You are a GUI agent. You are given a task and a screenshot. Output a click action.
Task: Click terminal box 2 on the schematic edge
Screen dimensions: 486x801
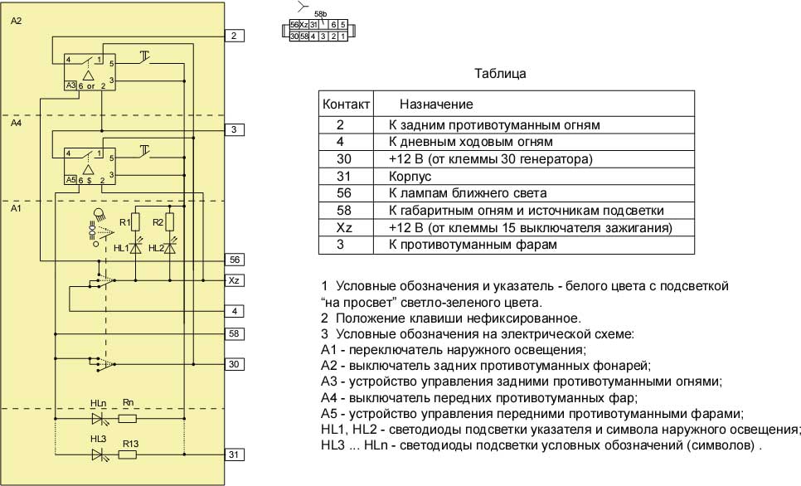(235, 36)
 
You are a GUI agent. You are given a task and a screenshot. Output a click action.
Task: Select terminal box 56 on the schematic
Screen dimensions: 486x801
(235, 259)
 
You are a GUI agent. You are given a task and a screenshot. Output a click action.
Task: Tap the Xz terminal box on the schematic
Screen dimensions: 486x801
(235, 281)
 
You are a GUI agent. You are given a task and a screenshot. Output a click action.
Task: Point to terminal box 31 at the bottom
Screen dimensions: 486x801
(235, 454)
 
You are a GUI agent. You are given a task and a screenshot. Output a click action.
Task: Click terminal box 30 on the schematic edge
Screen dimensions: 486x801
(235, 364)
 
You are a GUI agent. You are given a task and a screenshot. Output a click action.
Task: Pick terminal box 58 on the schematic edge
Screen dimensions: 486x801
(235, 333)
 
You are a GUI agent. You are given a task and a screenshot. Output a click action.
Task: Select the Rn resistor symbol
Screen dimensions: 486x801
(128, 419)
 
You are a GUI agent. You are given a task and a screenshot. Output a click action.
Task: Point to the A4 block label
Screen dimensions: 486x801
(17, 124)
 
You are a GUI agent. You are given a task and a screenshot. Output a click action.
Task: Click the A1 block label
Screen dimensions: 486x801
(17, 209)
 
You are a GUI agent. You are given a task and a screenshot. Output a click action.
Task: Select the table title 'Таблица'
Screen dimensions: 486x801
(500, 73)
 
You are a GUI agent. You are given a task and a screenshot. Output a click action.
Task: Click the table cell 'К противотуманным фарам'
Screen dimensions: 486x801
(468, 245)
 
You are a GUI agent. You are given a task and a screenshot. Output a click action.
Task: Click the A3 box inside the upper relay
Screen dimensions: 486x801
(70, 85)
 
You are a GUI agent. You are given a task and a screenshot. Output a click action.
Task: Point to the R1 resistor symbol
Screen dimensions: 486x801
(136, 222)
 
